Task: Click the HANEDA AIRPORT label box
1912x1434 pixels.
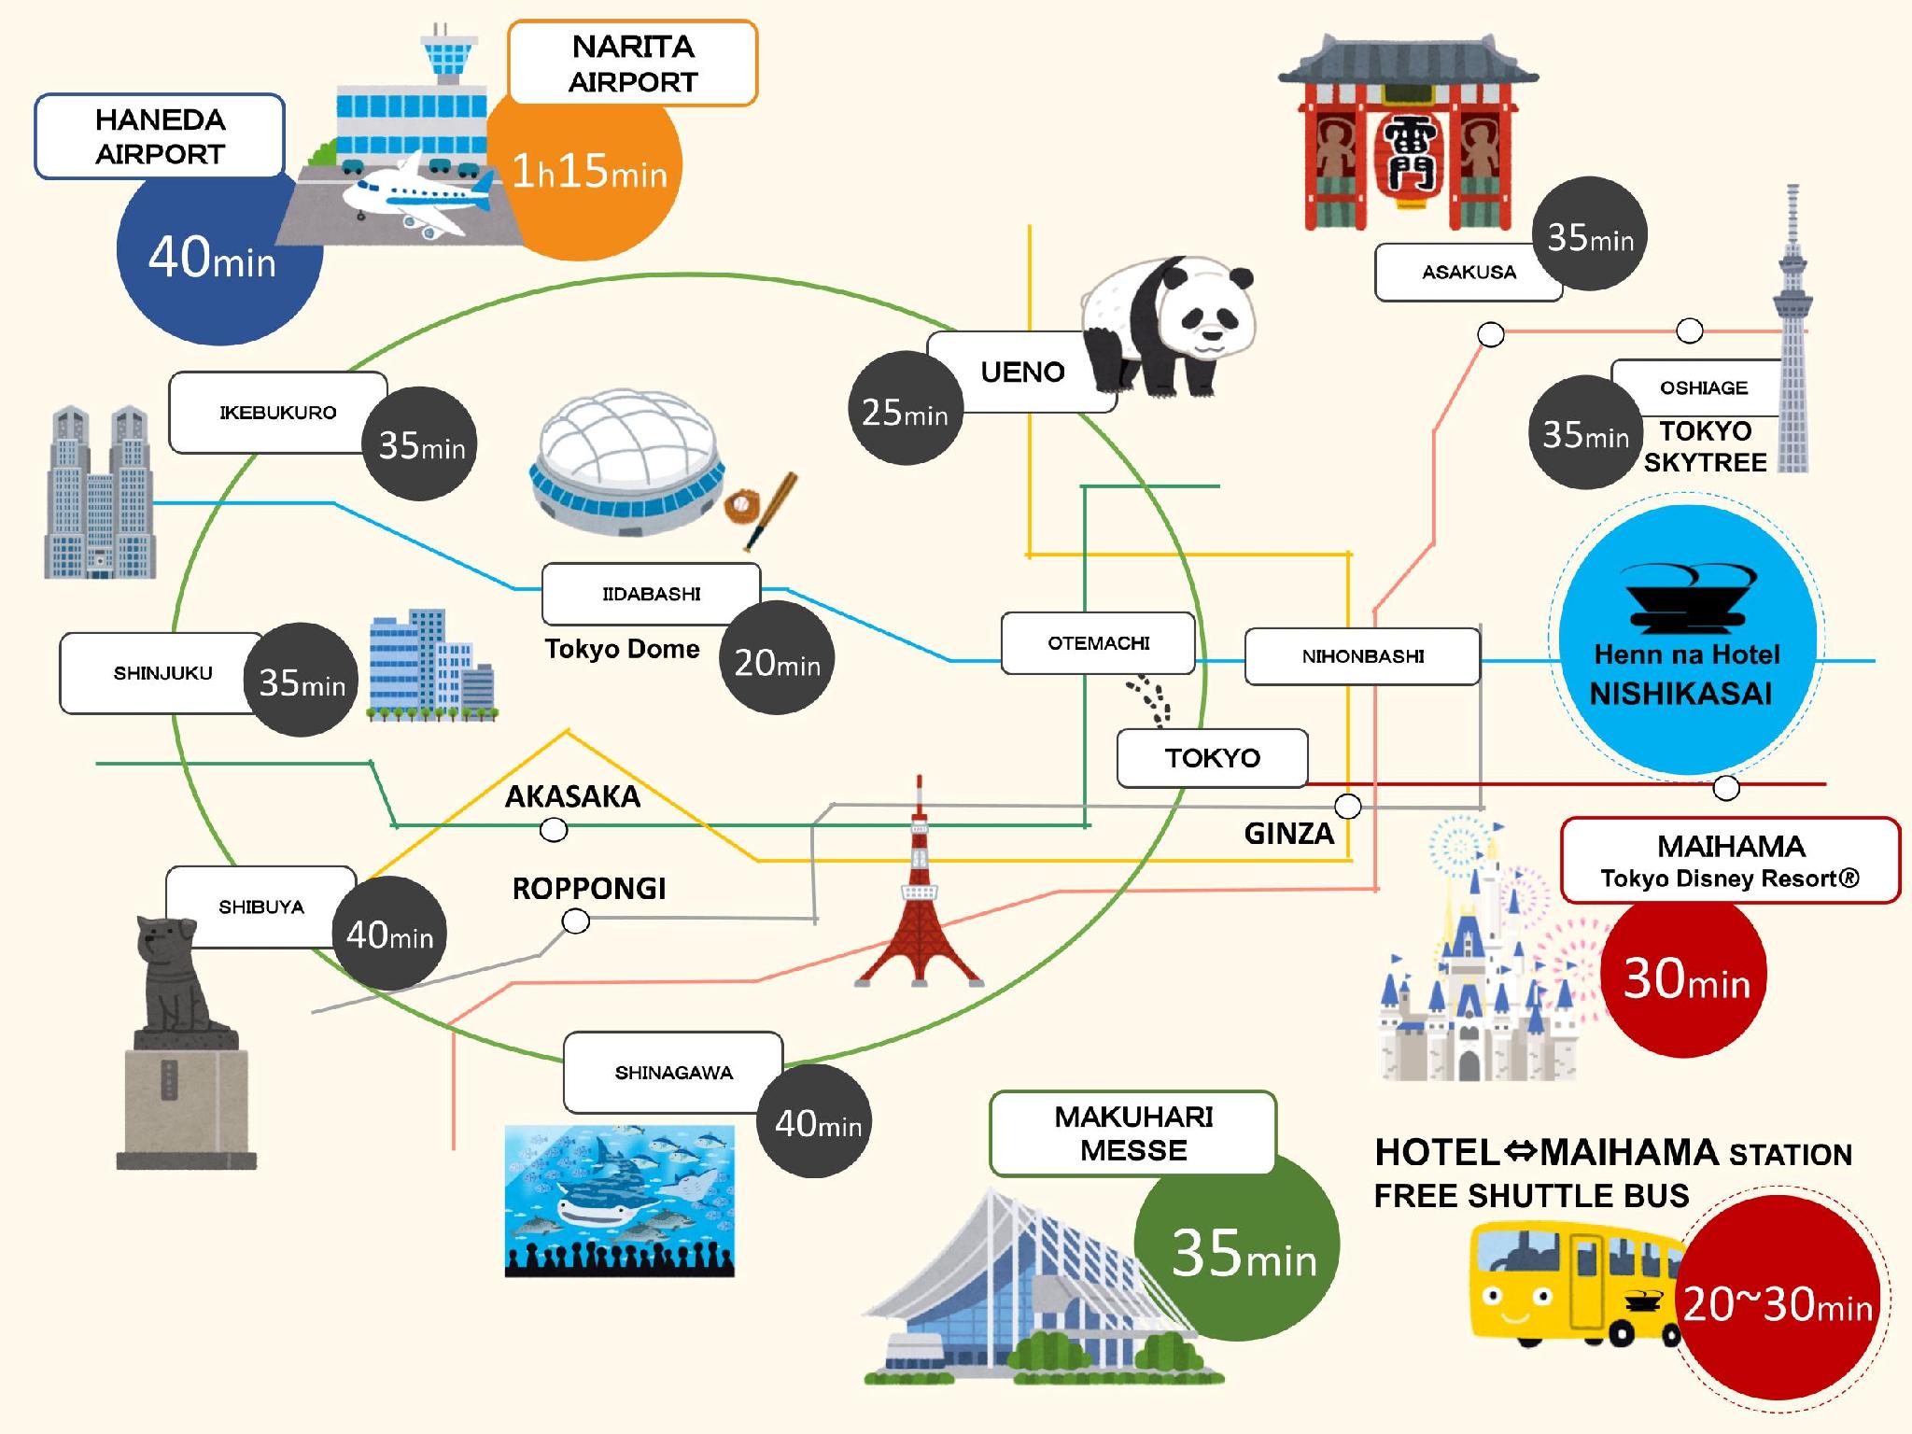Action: click(x=160, y=136)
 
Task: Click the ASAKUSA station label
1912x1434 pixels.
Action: click(x=1468, y=273)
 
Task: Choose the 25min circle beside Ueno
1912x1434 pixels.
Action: click(x=904, y=409)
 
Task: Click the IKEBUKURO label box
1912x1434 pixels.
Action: click(x=277, y=413)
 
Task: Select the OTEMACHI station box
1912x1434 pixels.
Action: click(x=1098, y=643)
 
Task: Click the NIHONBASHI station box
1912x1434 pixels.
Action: click(x=1362, y=656)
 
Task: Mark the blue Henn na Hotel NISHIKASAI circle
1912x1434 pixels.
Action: click(x=1686, y=640)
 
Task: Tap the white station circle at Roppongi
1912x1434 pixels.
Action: click(x=576, y=921)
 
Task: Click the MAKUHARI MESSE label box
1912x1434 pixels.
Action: click(x=1132, y=1133)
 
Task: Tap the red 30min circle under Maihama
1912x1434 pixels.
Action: click(x=1684, y=977)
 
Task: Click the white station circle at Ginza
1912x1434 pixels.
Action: click(x=1347, y=805)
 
